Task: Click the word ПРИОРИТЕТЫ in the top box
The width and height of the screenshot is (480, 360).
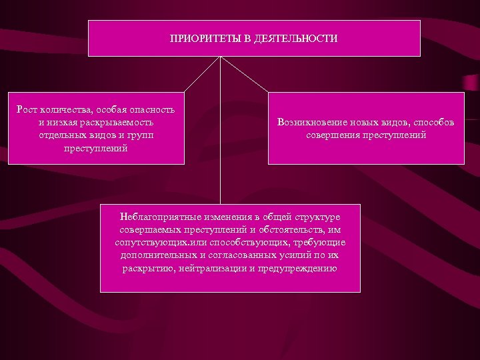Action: [x=201, y=39]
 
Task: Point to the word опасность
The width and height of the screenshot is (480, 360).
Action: [x=151, y=109]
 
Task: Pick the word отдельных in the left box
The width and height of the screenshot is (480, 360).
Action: [x=61, y=135]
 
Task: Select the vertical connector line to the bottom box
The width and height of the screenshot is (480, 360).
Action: [x=221, y=133]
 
